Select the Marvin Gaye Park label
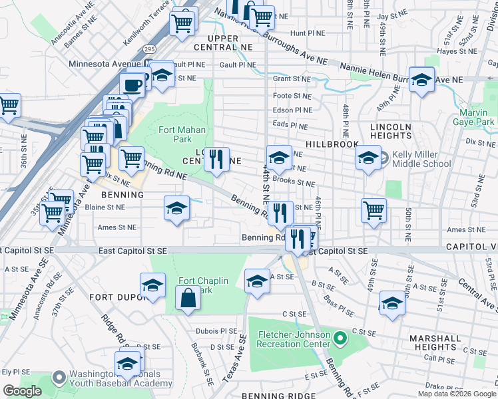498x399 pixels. coord(477,117)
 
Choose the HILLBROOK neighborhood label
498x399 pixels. coord(332,144)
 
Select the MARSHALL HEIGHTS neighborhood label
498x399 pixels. coord(435,342)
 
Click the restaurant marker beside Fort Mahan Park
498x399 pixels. coord(216,160)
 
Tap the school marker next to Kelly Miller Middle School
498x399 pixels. coord(368,158)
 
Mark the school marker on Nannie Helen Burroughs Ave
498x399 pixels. coord(421,80)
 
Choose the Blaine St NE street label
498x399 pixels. coord(106,207)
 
